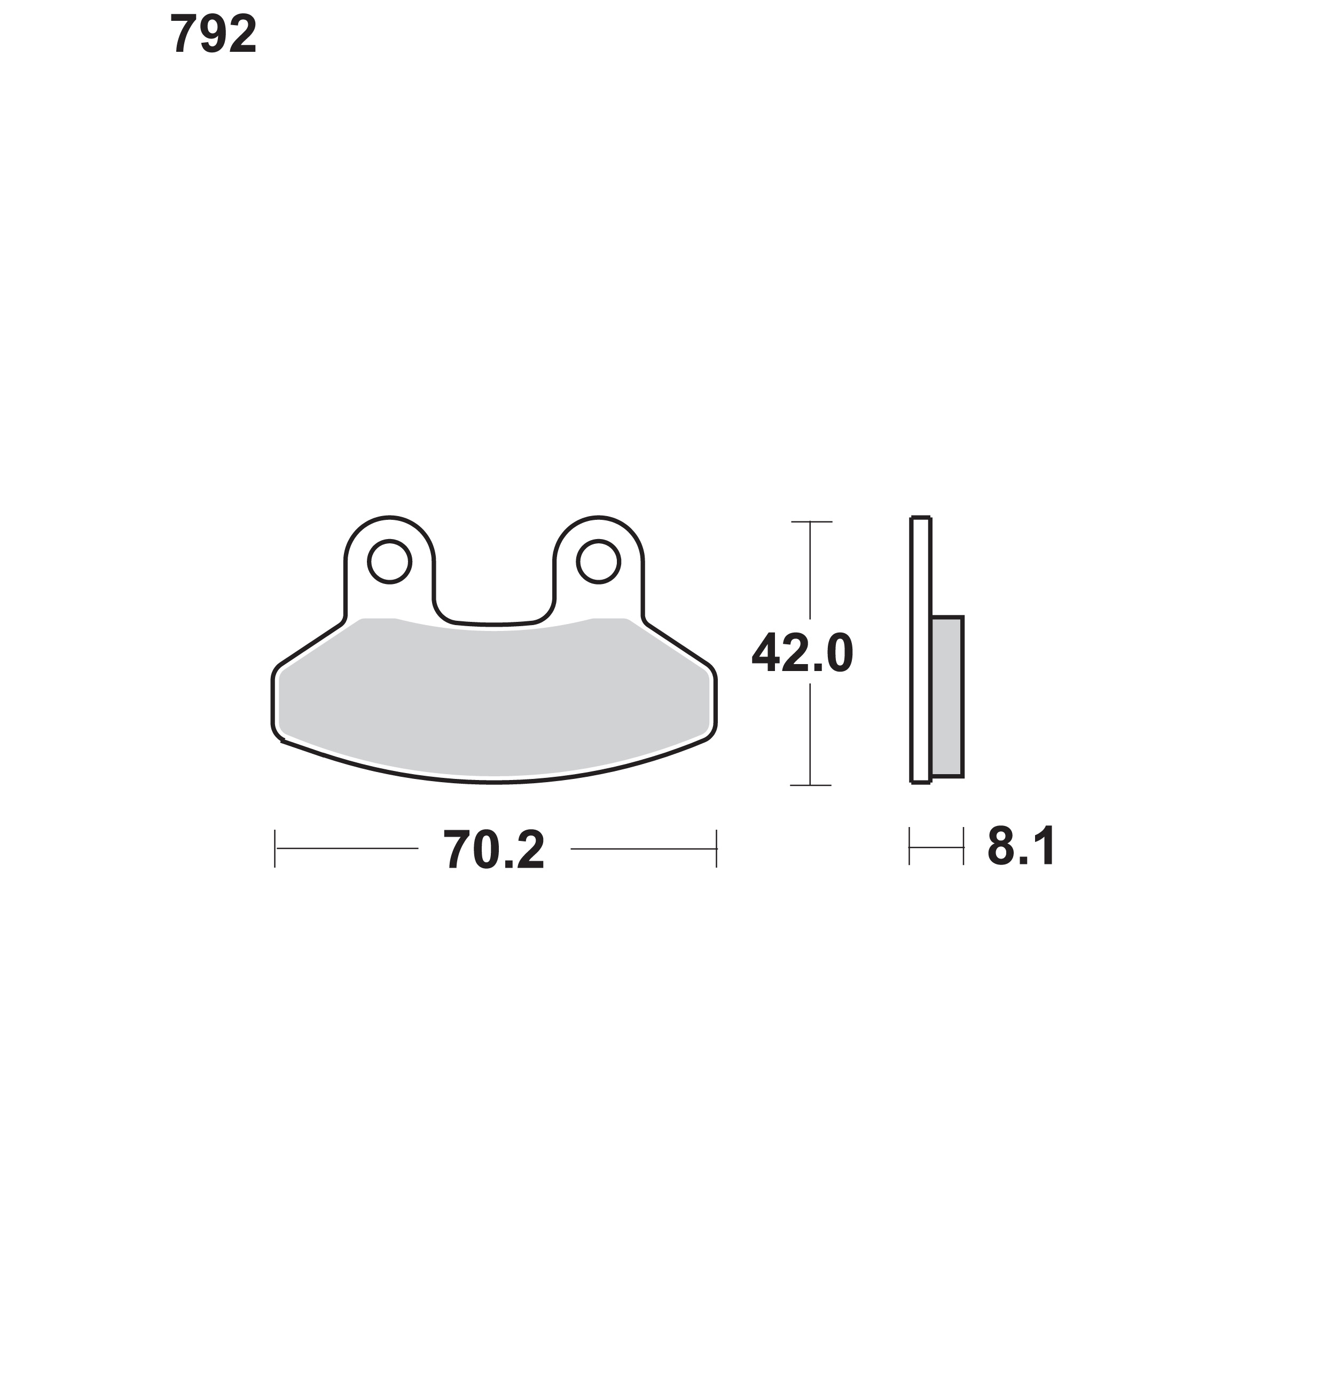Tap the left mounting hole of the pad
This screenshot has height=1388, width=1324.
(389, 562)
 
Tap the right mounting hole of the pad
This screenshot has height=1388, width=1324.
(599, 562)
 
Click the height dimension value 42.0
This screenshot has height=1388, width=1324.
(802, 653)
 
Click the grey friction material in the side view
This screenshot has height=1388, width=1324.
(947, 697)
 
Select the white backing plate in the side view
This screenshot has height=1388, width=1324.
(921, 650)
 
